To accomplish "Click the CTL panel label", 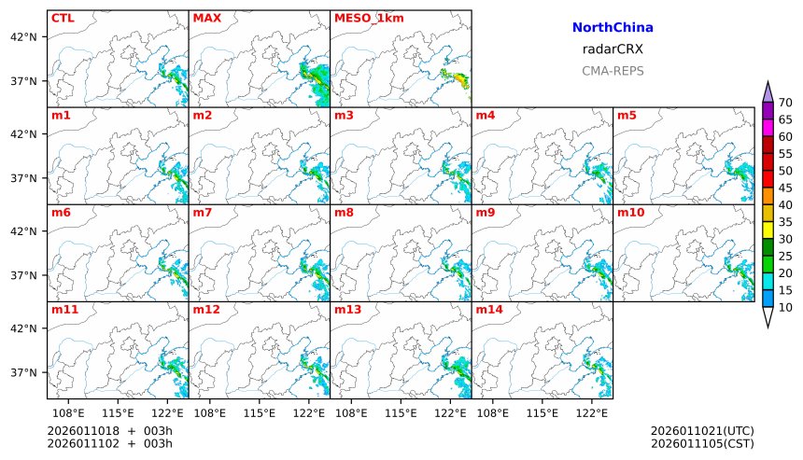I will (63, 18).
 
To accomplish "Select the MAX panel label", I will (206, 18).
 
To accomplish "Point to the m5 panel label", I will (626, 116).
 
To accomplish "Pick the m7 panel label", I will (203, 213).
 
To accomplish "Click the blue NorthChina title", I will (613, 29).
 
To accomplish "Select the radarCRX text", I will (613, 50).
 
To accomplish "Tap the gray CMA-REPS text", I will (613, 71).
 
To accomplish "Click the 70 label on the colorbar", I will (785, 103).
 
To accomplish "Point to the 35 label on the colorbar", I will (785, 222).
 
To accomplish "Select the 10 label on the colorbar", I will (785, 307).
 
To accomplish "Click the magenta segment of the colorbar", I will (768, 128).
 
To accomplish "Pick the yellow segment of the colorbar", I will (768, 230).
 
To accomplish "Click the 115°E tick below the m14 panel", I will (542, 412).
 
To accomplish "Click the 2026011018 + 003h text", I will (110, 430).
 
